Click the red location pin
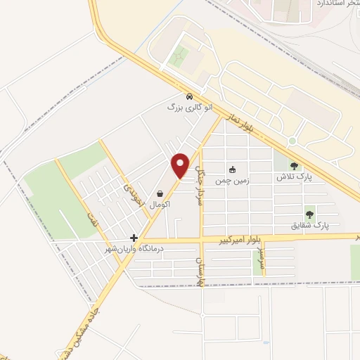[x=181, y=164]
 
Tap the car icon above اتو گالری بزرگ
[x=188, y=96]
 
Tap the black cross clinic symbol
[x=134, y=238]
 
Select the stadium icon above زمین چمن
[x=232, y=169]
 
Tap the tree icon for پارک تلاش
[x=294, y=166]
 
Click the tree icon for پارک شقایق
[x=309, y=214]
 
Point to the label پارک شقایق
[x=310, y=225]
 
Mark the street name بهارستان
[x=200, y=268]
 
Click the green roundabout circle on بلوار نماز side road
[x=292, y=141]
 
